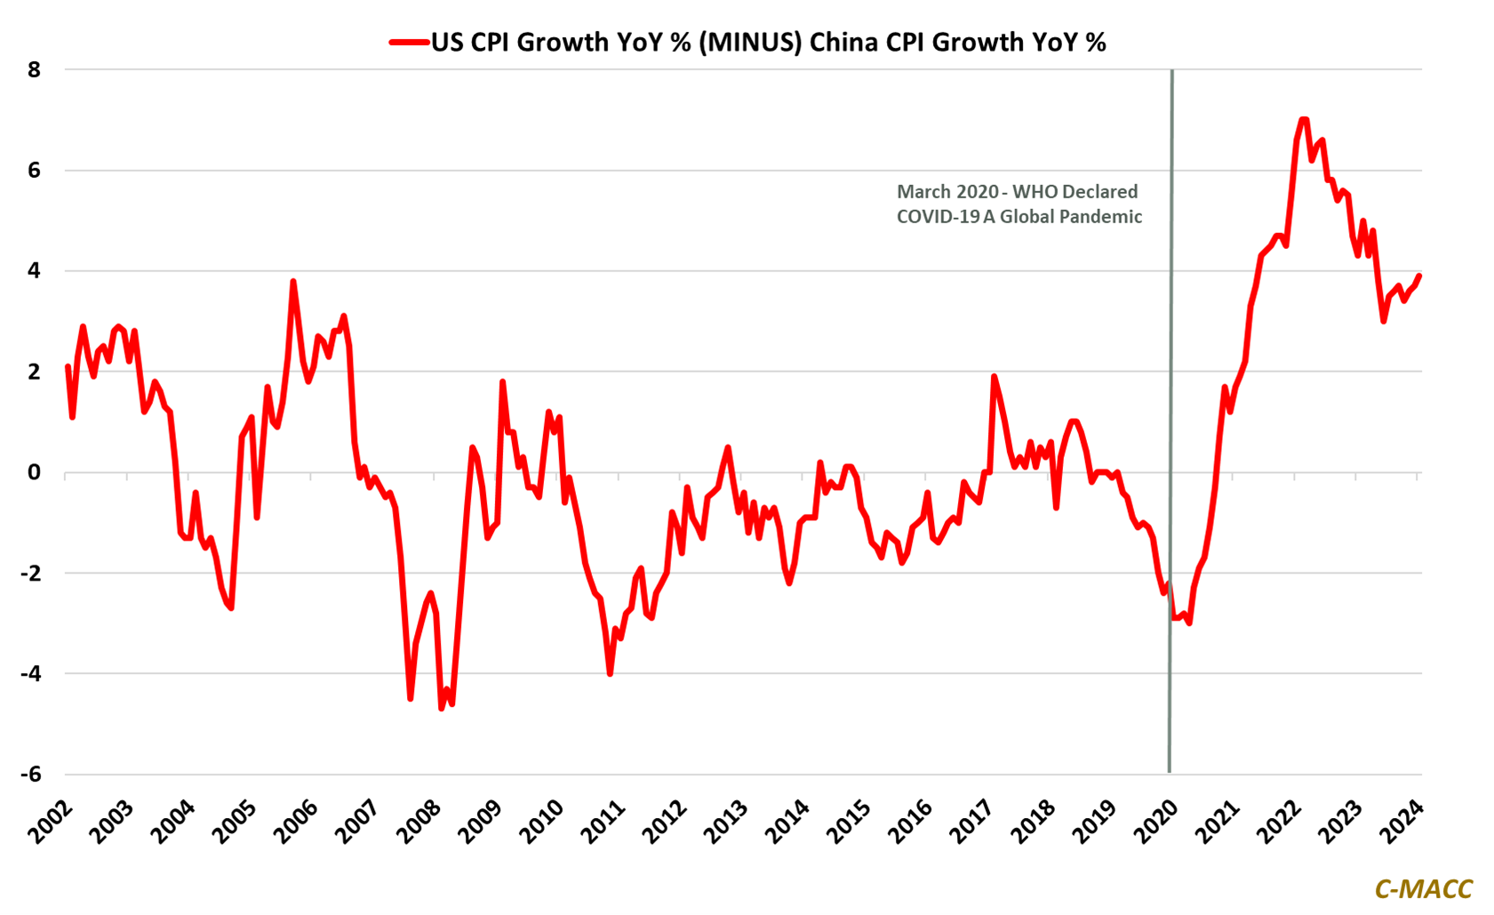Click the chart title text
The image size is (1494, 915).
click(x=768, y=42)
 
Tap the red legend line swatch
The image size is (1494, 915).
click(x=409, y=42)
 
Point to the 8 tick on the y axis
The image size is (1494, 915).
click(x=35, y=69)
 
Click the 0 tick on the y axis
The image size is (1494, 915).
click(x=35, y=472)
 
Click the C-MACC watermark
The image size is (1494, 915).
click(x=1423, y=888)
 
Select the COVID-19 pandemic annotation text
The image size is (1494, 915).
click(x=1019, y=204)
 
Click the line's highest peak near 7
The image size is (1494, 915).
click(x=1303, y=119)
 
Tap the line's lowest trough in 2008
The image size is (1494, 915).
click(x=442, y=708)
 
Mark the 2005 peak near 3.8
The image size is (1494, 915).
click(x=293, y=282)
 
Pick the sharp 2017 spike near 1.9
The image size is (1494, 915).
click(x=994, y=376)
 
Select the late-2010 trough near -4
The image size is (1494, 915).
click(x=610, y=673)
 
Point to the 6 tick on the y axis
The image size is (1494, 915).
click(x=35, y=170)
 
